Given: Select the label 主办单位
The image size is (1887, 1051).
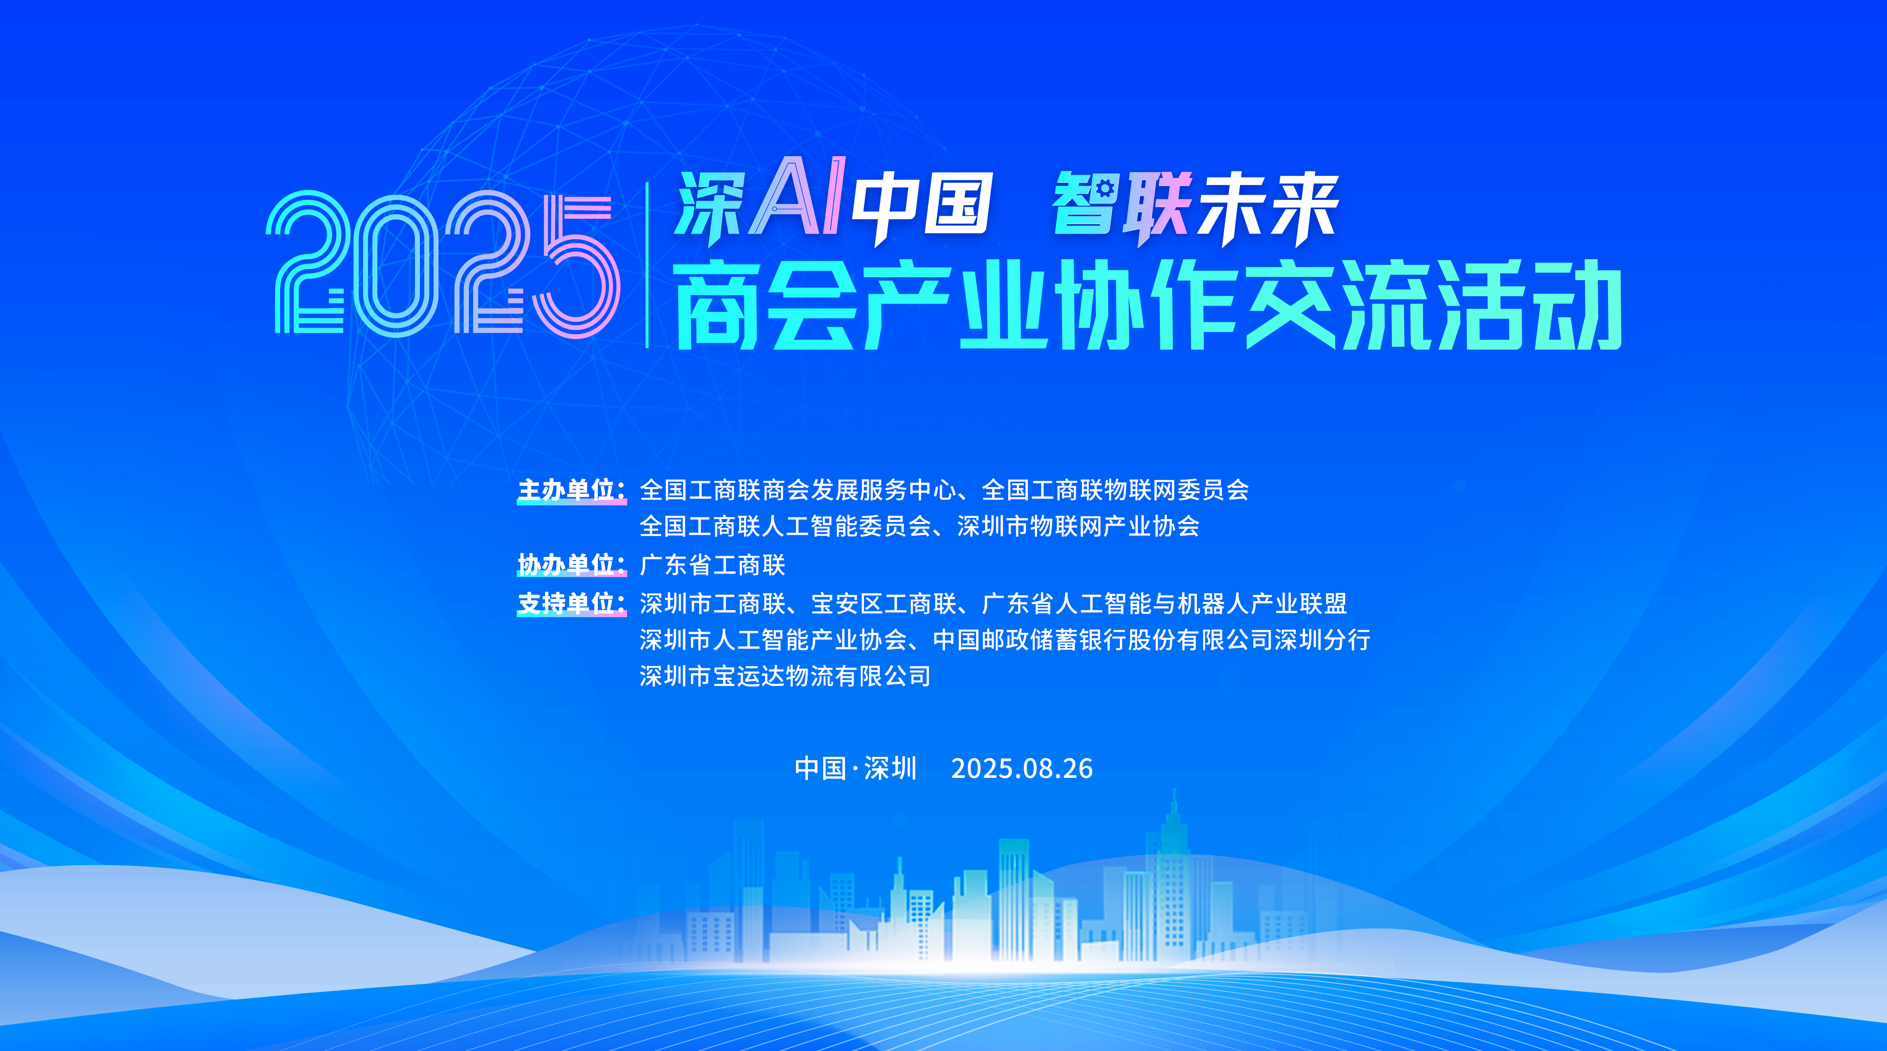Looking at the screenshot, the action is tap(571, 490).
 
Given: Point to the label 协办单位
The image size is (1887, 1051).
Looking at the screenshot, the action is tap(571, 565).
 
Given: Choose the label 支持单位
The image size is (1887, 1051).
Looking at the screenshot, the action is tap(571, 604).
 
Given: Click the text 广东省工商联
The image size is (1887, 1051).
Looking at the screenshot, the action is tap(712, 565).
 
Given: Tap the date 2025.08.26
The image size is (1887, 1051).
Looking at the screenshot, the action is tap(1022, 768).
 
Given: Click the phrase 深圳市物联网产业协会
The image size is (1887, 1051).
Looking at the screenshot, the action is tap(1078, 526).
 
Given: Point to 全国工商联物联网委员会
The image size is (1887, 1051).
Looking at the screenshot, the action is tap(1115, 490).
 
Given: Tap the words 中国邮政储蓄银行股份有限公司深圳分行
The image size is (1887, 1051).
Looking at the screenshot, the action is tap(1152, 640).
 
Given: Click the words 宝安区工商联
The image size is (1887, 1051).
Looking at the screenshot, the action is tap(883, 604).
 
